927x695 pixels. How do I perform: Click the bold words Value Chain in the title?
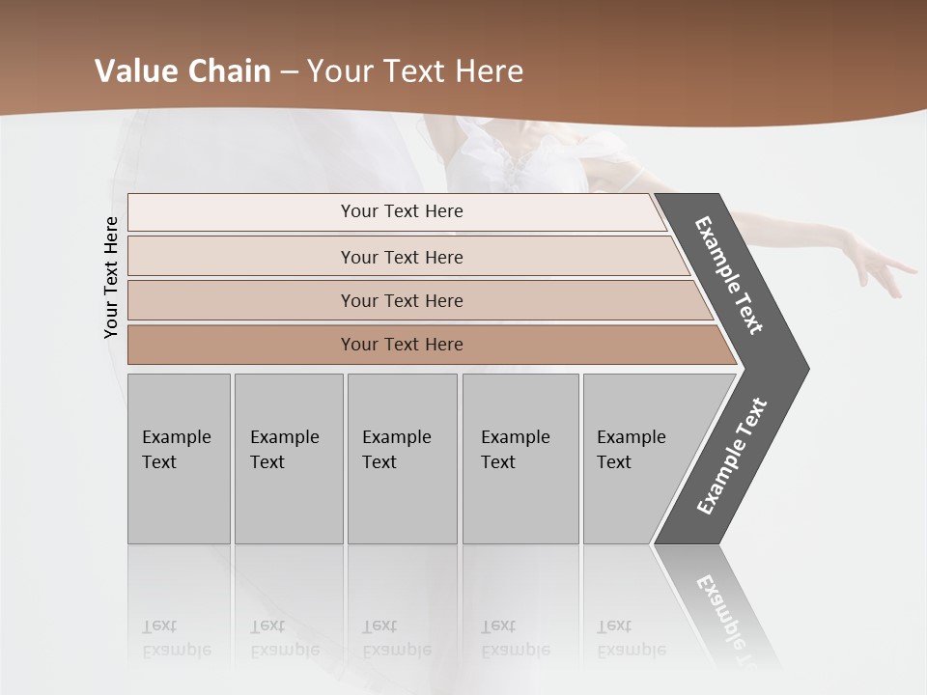coord(183,71)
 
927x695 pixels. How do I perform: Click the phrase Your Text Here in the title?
coord(415,71)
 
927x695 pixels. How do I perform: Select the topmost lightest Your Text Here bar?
coord(401,211)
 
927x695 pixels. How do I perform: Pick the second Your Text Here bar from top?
coord(401,257)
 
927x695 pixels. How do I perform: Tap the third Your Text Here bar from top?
coord(401,300)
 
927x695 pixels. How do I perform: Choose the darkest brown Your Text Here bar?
coord(401,345)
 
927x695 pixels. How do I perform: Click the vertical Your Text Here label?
coord(111,277)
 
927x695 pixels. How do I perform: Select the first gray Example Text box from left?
coord(179,459)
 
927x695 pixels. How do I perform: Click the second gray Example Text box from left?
coord(289,459)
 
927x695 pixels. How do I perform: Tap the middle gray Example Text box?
coord(402,459)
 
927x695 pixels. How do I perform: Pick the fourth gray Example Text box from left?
coord(520,459)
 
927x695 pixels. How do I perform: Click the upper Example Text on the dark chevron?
coord(729,275)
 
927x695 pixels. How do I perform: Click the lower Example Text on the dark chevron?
coord(732,457)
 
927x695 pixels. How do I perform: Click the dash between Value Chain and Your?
coord(289,72)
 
